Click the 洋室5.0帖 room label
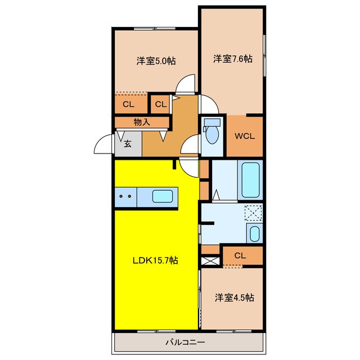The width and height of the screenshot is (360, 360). point(156,61)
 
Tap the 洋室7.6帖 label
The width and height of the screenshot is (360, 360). point(233,58)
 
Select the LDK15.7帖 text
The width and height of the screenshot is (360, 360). point(155,260)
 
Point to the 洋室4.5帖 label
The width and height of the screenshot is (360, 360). point(235,298)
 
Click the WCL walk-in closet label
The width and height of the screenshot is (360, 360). point(245,136)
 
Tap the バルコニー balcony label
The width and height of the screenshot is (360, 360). point(185,343)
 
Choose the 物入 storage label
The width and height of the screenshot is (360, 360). point(142,123)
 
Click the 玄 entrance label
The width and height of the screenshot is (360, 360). point(128,144)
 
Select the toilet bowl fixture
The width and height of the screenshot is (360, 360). point(212,131)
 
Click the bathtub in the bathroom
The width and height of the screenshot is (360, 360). point(250,180)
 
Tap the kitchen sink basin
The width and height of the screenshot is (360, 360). point(163,196)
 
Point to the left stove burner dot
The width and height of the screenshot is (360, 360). point(121,196)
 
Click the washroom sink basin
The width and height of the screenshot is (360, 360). point(254,234)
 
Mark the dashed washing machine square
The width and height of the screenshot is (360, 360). point(253,213)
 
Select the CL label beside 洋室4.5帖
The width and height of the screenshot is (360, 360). point(240,255)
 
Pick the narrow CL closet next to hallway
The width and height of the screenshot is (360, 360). point(161,105)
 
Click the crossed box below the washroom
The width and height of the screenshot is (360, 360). point(210,261)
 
